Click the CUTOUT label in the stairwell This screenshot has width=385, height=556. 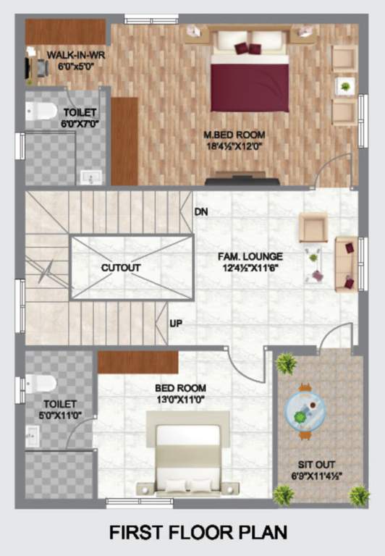point(120,267)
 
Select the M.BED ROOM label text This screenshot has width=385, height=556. point(234,135)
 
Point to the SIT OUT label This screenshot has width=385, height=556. point(319,464)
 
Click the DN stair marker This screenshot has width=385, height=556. point(202,211)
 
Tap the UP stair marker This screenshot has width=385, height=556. point(176,324)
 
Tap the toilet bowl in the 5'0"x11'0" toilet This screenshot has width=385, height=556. point(42,383)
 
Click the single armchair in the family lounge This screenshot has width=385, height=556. point(314,227)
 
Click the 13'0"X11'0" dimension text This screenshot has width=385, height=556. point(181,398)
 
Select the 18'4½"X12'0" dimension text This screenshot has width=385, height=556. point(234,146)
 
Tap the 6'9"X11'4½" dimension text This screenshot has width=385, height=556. point(319,476)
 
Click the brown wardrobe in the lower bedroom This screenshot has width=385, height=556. point(137,362)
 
